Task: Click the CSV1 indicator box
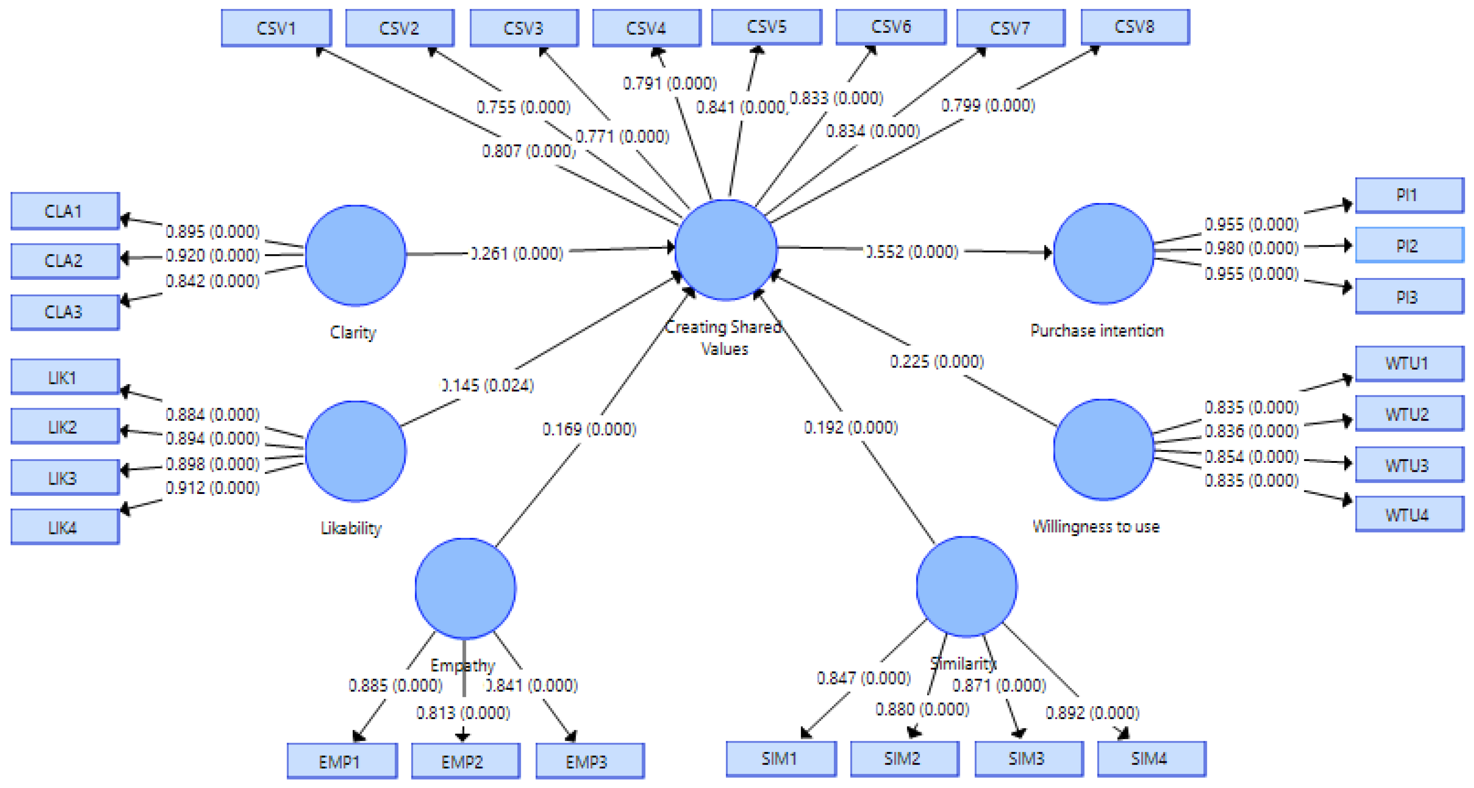pyautogui.click(x=276, y=28)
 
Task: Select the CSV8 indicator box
pyautogui.click(x=1135, y=26)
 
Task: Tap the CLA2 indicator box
pyautogui.click(x=65, y=261)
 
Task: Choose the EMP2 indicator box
pyautogui.click(x=466, y=761)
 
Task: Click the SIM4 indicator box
pyautogui.click(x=1152, y=759)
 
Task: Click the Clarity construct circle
pyautogui.click(x=355, y=255)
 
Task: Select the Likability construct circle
pyautogui.click(x=355, y=451)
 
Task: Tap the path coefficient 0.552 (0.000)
pyautogui.click(x=911, y=251)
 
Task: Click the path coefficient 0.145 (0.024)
pyautogui.click(x=487, y=385)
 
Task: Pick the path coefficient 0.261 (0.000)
pyautogui.click(x=516, y=253)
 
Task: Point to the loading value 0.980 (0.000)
pyautogui.click(x=1251, y=248)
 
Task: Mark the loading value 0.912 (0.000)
pyautogui.click(x=212, y=488)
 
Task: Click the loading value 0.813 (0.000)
pyautogui.click(x=463, y=712)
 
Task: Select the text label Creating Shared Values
pyautogui.click(x=724, y=338)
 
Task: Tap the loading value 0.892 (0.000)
pyautogui.click(x=1092, y=712)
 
